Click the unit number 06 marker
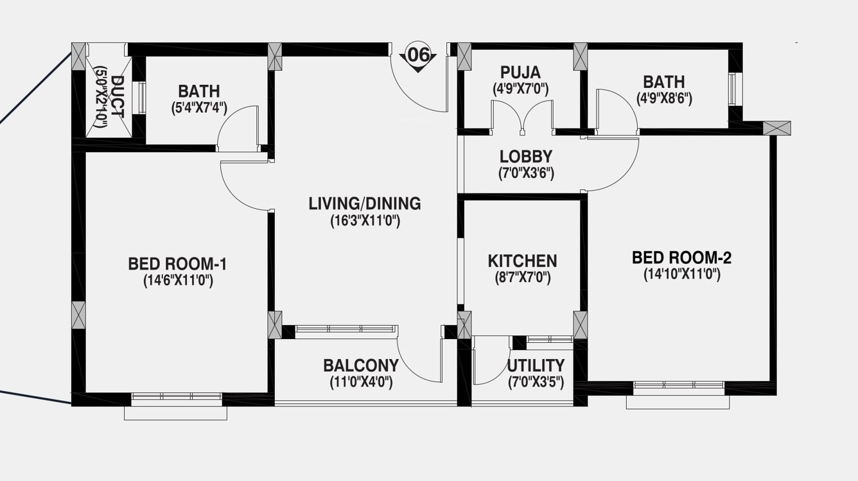pos(417,56)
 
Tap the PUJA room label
pos(521,72)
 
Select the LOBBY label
pos(526,157)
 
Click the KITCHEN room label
pos(522,261)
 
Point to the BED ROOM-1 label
pos(177,264)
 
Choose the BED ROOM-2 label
pos(681,258)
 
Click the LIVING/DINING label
pos(365,204)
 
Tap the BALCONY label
pos(360,365)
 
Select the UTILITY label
pos(536,365)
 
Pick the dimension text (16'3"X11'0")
pos(365,222)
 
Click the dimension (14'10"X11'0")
pos(681,275)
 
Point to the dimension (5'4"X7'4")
pos(198,108)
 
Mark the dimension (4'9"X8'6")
pos(663,100)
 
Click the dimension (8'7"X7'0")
pos(522,278)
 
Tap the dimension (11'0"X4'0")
pos(360,383)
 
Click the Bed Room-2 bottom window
pos(678,387)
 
